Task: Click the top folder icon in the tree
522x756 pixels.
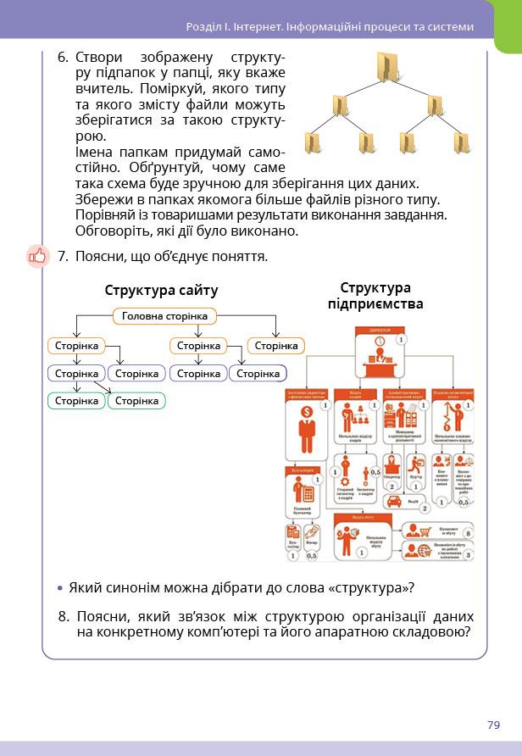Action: coord(386,67)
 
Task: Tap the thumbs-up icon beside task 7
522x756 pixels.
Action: coord(38,255)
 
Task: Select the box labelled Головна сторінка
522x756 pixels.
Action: coord(164,316)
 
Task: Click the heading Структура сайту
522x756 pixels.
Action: coord(161,291)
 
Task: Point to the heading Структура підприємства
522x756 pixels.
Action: coord(375,296)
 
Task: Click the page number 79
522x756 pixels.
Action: coord(494,725)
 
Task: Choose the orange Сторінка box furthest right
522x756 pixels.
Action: coord(276,346)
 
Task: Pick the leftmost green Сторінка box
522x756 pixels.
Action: coord(76,401)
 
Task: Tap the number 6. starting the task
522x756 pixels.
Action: coord(63,58)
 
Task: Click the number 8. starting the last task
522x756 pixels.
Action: coord(64,616)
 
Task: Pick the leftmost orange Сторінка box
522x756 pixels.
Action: coord(76,346)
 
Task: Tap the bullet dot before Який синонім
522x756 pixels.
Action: coord(59,588)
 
